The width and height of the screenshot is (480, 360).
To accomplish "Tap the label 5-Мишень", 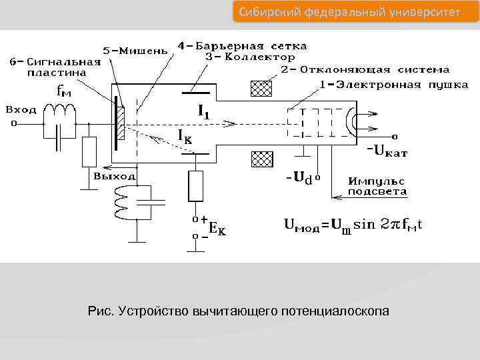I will pyautogui.click(x=133, y=51).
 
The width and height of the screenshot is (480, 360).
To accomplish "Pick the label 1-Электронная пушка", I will pyautogui.click(x=379, y=85).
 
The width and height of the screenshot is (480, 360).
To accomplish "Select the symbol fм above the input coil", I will pyautogui.click(x=64, y=91).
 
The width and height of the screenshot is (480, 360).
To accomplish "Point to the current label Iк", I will pyautogui.click(x=185, y=136).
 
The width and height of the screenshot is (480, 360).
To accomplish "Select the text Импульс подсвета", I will pyautogui.click(x=377, y=186).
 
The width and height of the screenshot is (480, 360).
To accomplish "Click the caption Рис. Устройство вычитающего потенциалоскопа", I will pyautogui.click(x=238, y=311).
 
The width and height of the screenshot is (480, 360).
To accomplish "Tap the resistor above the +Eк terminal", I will pyautogui.click(x=195, y=185).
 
